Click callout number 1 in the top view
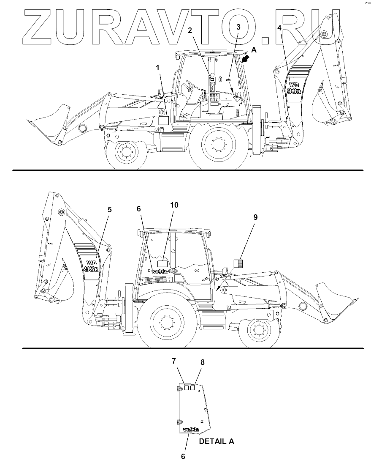click(x=158, y=68)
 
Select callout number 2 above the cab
click(x=190, y=30)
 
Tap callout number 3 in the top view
click(x=238, y=27)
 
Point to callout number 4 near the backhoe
click(x=279, y=28)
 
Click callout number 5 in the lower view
click(x=110, y=209)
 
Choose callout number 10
click(x=174, y=205)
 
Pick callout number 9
click(x=255, y=217)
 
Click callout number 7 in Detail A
click(x=174, y=361)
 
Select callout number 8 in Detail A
click(x=203, y=362)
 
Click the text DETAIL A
click(x=217, y=441)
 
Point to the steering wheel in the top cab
click(x=190, y=85)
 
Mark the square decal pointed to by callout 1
click(x=163, y=121)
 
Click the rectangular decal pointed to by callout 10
click(x=162, y=264)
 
